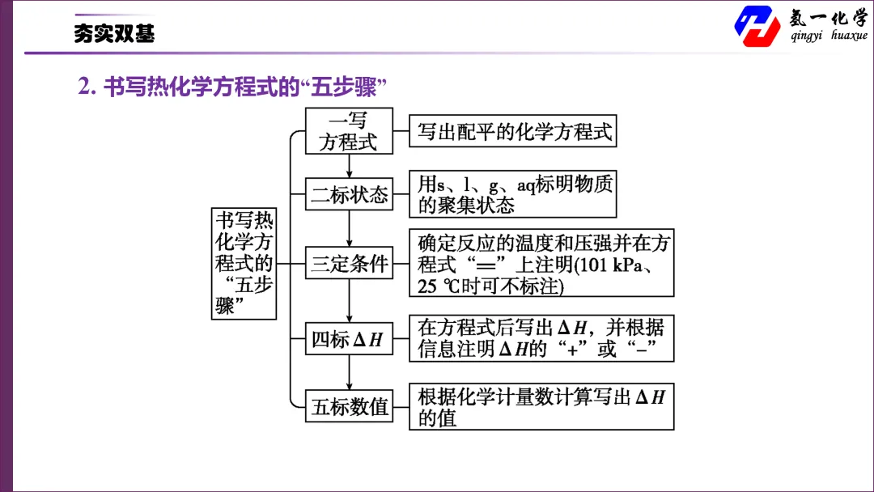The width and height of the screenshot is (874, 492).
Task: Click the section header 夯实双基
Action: [114, 33]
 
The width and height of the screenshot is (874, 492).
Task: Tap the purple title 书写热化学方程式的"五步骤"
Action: [232, 87]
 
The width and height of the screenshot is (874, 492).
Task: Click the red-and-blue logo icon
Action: [757, 26]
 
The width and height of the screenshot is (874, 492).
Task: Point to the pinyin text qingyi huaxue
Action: [829, 35]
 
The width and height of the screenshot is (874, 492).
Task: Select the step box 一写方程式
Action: [349, 131]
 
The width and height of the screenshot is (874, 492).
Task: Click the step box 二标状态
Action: [349, 194]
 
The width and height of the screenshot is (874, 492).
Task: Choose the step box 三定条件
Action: [349, 262]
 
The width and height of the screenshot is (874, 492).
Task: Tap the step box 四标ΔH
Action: [349, 338]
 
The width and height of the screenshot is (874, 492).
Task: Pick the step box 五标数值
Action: [349, 405]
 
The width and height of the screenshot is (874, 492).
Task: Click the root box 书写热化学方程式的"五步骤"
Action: [244, 264]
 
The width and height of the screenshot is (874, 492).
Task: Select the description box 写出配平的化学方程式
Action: [513, 131]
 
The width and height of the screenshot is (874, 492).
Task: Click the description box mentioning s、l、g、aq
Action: [513, 194]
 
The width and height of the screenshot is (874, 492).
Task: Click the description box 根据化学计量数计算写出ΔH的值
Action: [541, 406]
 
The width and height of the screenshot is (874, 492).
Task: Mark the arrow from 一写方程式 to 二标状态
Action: [349, 166]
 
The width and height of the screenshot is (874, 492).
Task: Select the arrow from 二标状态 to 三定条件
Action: [349, 228]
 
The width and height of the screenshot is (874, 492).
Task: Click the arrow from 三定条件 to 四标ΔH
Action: [349, 300]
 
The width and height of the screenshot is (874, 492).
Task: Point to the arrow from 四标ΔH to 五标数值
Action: [349, 372]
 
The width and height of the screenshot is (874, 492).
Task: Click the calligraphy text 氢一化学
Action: [829, 18]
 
